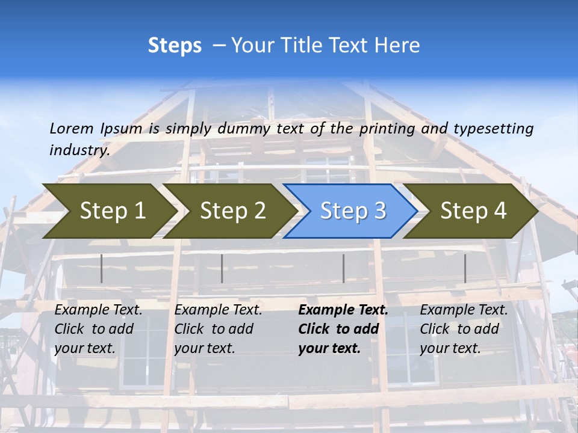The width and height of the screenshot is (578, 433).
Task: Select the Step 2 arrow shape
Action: [x=232, y=211]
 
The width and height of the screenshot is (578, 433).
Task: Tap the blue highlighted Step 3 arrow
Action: [x=352, y=211]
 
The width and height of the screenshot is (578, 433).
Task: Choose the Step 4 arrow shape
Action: [x=473, y=211]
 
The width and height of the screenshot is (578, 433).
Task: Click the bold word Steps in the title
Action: [x=175, y=46]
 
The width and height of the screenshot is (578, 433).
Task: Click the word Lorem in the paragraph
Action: [x=72, y=128]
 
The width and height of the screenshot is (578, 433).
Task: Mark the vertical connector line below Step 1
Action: [x=102, y=268]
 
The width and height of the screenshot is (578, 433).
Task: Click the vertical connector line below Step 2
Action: [x=222, y=268]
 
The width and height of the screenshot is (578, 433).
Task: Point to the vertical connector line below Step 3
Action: [x=343, y=268]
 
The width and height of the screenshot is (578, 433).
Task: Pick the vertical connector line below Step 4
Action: [x=465, y=268]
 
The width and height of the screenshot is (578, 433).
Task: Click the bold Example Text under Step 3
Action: [x=343, y=310]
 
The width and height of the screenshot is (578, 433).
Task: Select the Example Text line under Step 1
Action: [x=99, y=310]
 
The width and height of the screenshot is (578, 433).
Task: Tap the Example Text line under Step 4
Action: [x=464, y=310]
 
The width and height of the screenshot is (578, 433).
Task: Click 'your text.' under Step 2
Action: [x=205, y=348]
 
